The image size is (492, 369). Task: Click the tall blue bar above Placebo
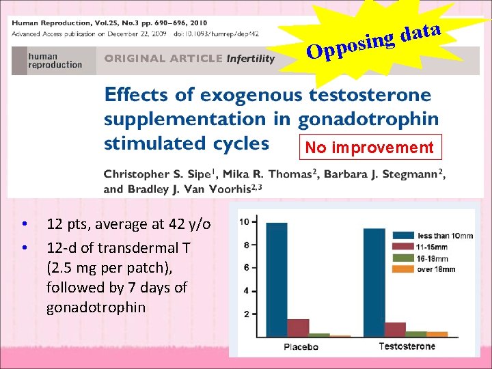pos(277,279)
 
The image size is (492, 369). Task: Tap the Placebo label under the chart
pos(301,346)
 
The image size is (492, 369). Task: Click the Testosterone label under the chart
pos(407,346)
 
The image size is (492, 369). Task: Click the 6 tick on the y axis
pos(254,267)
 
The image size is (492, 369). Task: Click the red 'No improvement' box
pos(369,148)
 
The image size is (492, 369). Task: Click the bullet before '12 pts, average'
pos(24,224)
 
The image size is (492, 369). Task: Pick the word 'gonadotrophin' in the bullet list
pos(96,307)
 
